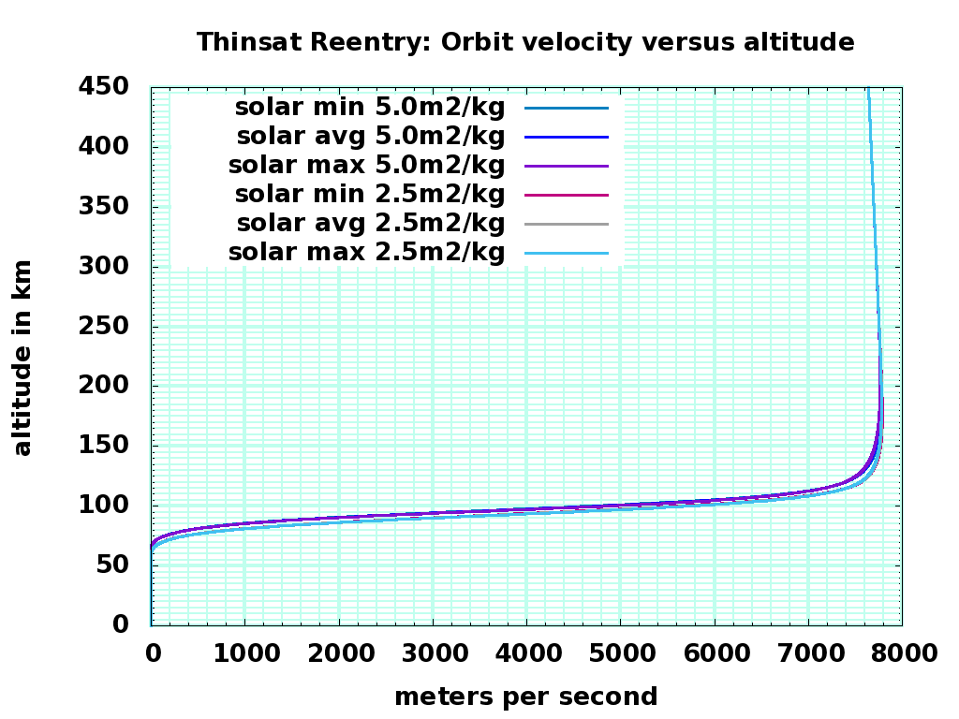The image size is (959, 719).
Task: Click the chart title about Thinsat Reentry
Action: coord(524,42)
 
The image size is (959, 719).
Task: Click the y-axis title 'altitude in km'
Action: coord(22,358)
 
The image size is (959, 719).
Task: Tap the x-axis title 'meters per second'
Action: coord(525,697)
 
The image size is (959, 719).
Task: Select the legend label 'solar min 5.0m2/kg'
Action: coord(370,108)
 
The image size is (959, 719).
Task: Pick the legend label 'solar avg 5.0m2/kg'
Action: coord(370,137)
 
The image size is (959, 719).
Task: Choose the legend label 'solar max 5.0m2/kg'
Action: coord(366,166)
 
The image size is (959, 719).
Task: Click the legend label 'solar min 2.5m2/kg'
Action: coord(370,195)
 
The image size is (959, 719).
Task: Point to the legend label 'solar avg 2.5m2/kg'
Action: coord(370,224)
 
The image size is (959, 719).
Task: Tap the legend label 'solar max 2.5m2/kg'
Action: coord(366,253)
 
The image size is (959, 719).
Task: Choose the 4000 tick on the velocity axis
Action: coord(526,653)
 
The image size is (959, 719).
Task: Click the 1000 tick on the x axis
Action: coord(244,653)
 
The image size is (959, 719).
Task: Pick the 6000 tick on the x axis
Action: coord(715,653)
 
